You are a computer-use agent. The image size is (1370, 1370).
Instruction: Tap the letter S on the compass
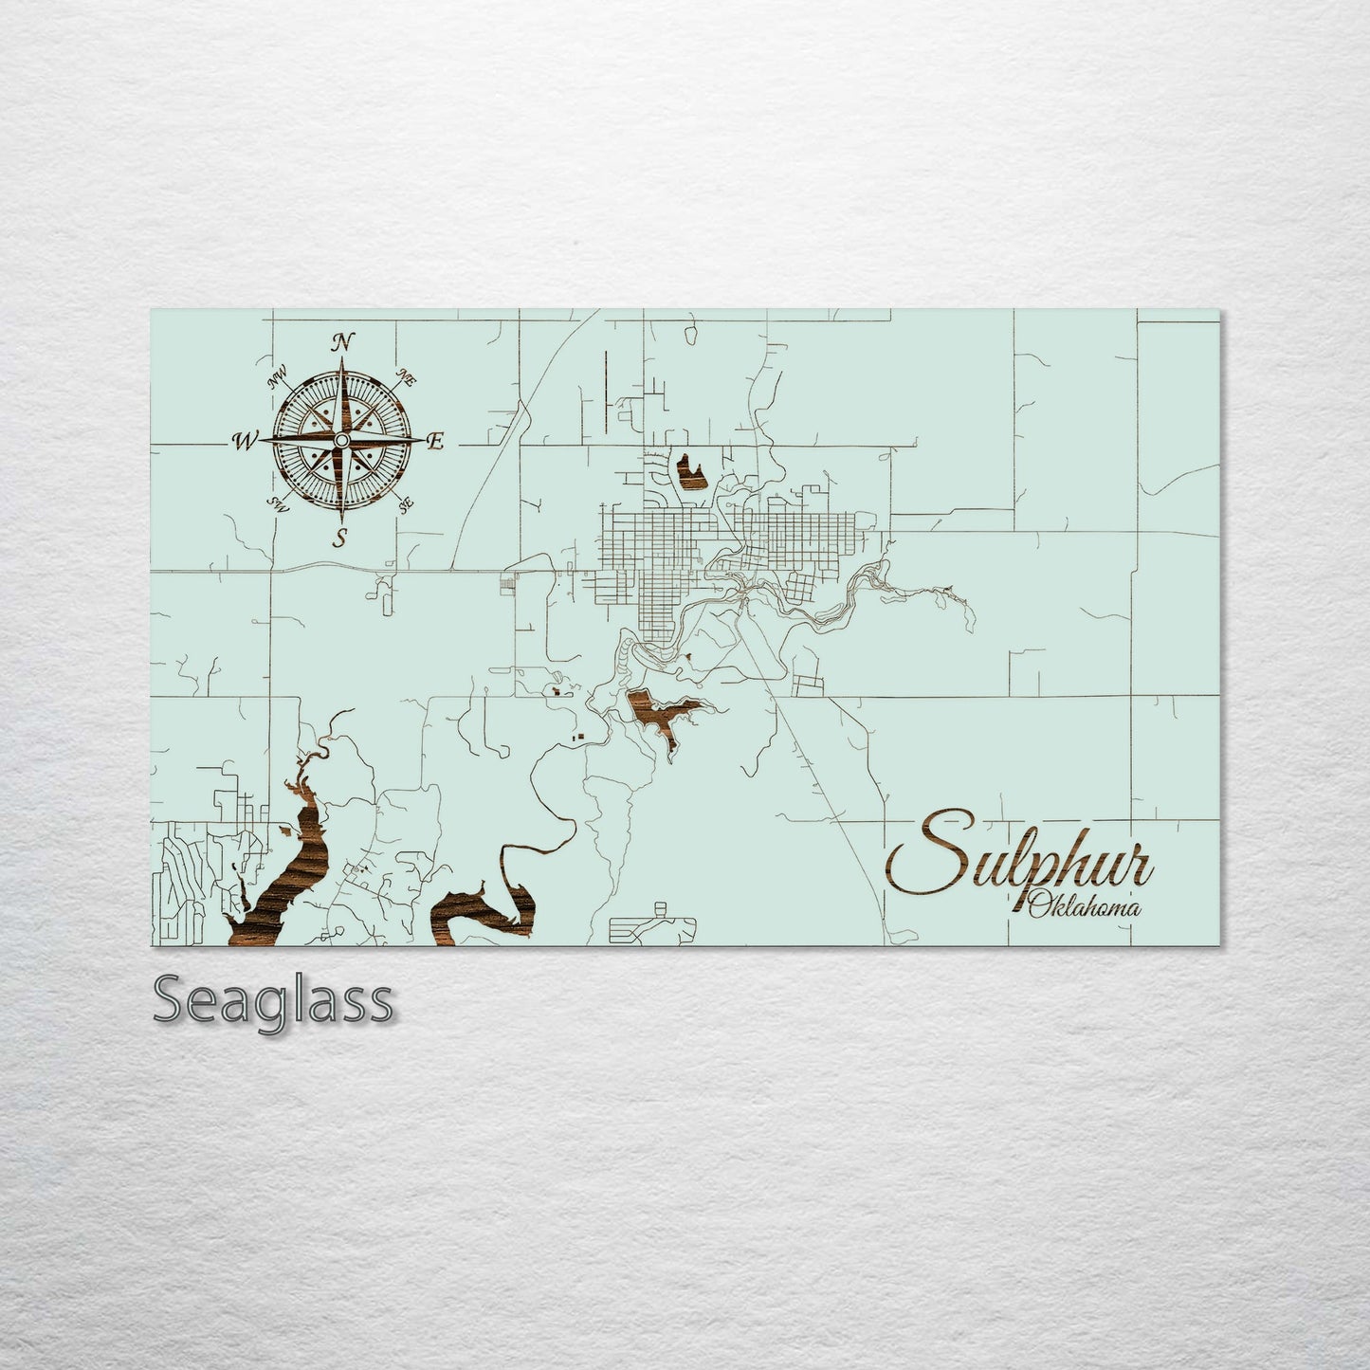(339, 539)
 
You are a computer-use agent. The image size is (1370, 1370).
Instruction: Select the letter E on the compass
(436, 440)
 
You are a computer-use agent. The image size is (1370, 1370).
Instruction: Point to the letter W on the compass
(244, 440)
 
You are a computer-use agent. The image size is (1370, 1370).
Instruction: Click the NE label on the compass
(409, 377)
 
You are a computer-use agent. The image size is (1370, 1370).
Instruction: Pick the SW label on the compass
(278, 502)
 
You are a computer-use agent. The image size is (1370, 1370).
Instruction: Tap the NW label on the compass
(278, 378)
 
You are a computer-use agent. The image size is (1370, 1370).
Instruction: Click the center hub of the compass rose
(339, 440)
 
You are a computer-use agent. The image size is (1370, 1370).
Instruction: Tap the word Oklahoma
(1084, 904)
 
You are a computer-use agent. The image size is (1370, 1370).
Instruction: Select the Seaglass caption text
(271, 999)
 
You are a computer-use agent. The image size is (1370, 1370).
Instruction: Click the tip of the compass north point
(339, 362)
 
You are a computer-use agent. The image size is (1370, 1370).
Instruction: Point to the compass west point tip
(264, 441)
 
